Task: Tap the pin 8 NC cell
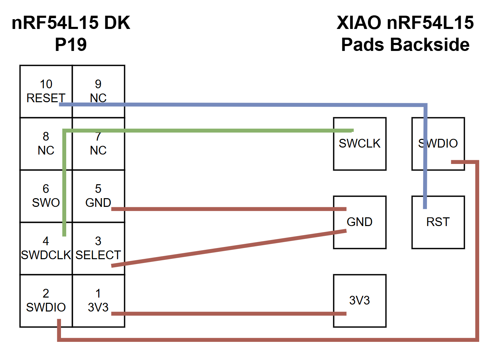(x=46, y=143)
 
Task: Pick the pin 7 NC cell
(x=98, y=143)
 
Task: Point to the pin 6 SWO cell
(x=46, y=196)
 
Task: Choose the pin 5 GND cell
(x=98, y=196)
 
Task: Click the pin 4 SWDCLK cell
(x=46, y=248)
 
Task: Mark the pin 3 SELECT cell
(x=98, y=248)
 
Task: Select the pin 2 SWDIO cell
(x=46, y=300)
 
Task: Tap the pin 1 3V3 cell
(x=98, y=300)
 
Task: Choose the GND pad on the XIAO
(x=360, y=222)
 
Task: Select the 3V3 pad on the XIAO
(x=360, y=301)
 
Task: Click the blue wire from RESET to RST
(x=244, y=105)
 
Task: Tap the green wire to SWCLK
(x=209, y=130)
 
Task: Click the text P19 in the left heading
(x=71, y=45)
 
